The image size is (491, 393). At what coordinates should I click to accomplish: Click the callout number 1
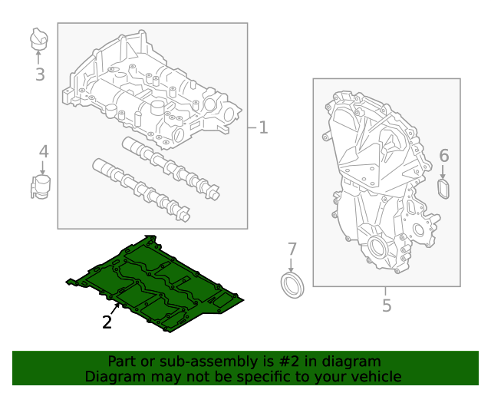pos(263,127)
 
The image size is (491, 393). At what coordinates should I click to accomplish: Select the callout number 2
pos(107,322)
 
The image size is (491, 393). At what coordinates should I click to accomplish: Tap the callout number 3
pos(40,74)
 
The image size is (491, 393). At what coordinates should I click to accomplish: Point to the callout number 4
pos(44,152)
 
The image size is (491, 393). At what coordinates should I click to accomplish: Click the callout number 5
pos(387,305)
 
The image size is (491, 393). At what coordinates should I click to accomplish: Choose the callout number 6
pos(443,156)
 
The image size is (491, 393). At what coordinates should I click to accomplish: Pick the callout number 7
pos(292,249)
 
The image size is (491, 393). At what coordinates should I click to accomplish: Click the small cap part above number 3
pos(39,38)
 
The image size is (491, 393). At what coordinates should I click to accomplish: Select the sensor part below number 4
pos(41,187)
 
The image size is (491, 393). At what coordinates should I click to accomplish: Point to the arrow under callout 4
pos(43,167)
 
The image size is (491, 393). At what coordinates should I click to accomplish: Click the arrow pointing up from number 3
pos(38,58)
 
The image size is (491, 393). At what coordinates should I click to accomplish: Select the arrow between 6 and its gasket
pos(443,172)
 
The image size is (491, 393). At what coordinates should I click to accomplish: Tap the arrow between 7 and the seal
pos(292,266)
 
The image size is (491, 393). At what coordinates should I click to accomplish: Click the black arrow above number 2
pos(115,310)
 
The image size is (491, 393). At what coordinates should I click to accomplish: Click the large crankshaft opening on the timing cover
pos(379,248)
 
